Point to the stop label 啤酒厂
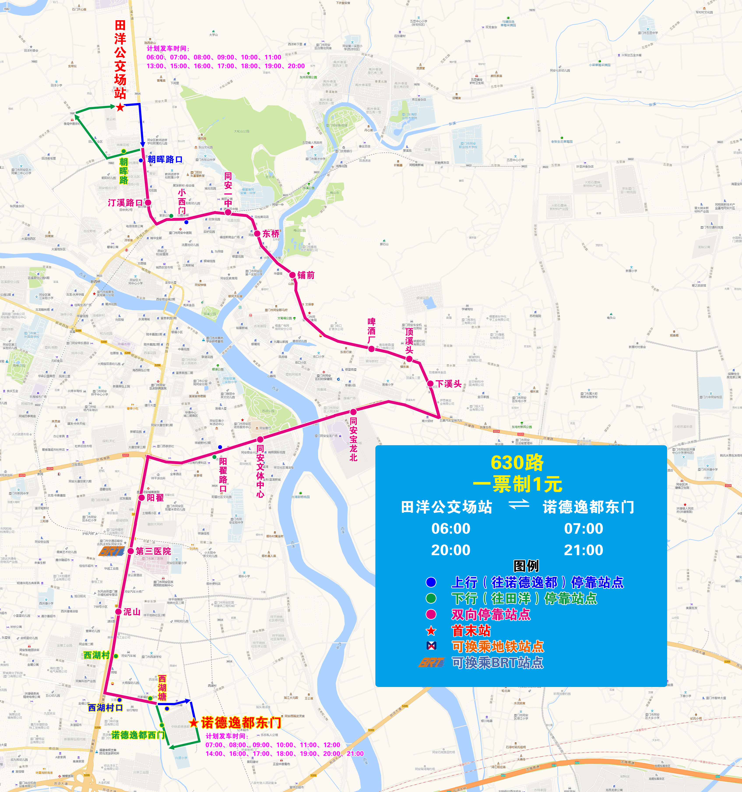371,331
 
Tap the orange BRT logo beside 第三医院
112,551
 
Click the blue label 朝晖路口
165,159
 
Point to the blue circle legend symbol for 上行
431,582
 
